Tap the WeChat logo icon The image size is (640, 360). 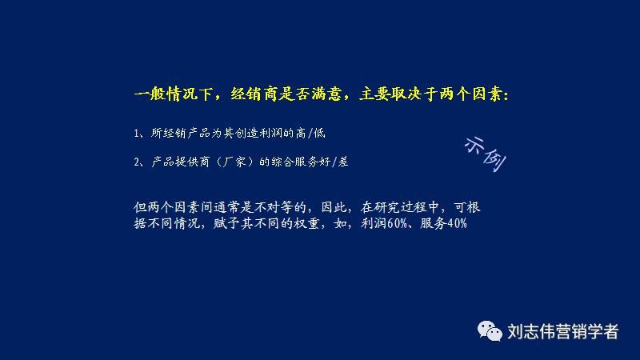coord(488,330)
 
